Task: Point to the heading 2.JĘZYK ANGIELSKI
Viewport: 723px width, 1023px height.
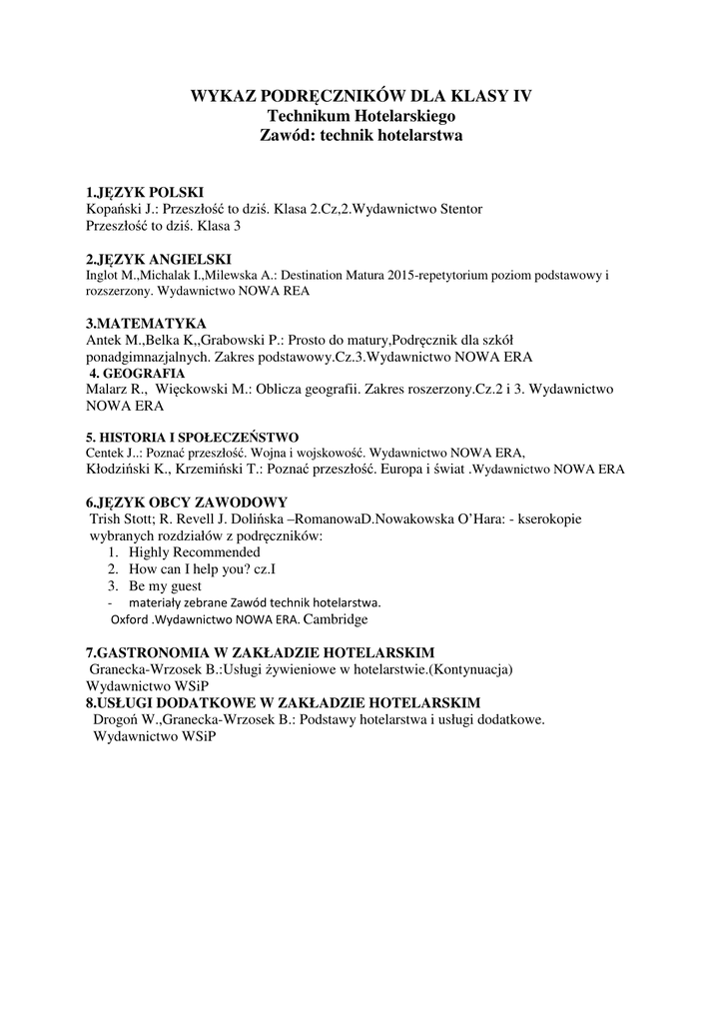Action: coord(159,259)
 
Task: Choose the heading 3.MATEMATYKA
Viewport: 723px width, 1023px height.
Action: coord(146,324)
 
